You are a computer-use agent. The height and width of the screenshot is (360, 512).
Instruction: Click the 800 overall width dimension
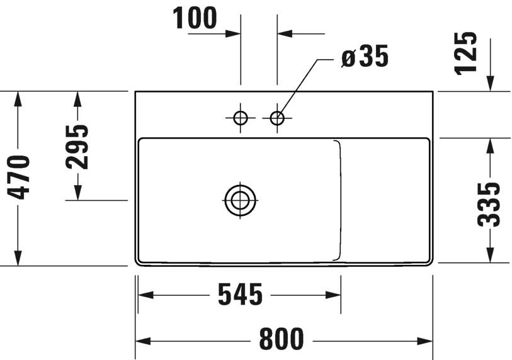click(x=282, y=339)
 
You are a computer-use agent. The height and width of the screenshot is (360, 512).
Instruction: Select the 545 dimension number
click(x=240, y=295)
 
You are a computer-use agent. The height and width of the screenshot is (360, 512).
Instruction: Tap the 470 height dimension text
click(x=19, y=177)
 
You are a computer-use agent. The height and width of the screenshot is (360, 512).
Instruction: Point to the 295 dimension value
click(x=77, y=147)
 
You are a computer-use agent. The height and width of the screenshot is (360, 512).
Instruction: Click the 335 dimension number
click(x=489, y=205)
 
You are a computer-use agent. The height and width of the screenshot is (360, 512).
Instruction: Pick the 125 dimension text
click(x=465, y=53)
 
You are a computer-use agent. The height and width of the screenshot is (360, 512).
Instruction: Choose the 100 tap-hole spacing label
click(x=195, y=18)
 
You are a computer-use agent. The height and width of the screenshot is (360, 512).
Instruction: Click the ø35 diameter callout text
click(x=365, y=56)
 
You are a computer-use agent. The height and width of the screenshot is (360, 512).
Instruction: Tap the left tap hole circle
click(x=241, y=118)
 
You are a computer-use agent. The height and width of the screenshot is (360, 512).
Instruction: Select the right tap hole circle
click(x=277, y=118)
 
